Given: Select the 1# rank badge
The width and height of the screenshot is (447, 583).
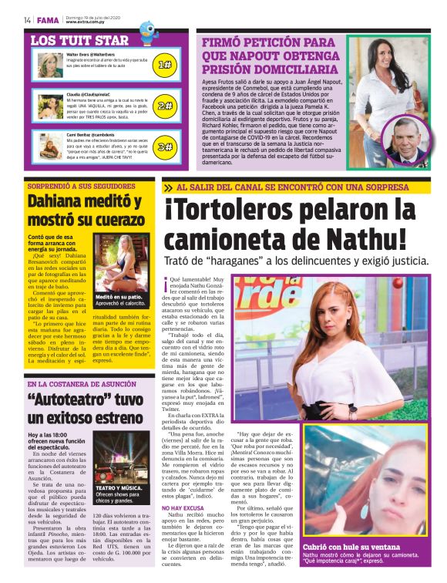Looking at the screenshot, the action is (164, 66).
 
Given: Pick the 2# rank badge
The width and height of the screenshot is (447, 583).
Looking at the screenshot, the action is (164, 106).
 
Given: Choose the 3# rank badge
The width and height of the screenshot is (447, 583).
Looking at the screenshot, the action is (164, 145).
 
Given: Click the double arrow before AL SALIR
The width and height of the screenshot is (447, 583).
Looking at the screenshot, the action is (168, 187).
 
